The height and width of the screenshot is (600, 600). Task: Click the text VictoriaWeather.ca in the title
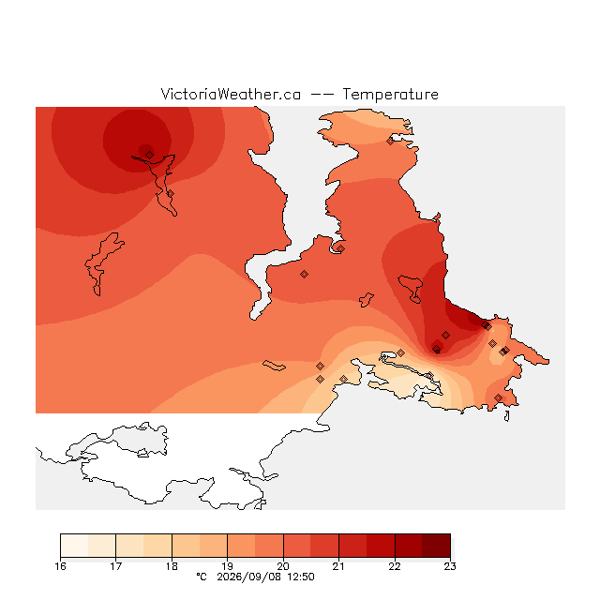231,94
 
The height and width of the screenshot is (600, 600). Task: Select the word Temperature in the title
390,94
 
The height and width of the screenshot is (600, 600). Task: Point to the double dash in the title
322,95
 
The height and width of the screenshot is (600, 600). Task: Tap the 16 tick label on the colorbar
60,566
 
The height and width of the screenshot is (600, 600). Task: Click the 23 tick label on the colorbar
450,566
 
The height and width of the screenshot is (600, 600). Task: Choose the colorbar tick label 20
283,566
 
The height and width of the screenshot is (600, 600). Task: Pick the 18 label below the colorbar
172,566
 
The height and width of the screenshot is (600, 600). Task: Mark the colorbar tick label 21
338,566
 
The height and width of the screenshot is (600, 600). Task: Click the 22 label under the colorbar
395,566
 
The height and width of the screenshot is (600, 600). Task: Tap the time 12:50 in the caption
300,577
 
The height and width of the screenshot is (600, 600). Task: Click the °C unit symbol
202,577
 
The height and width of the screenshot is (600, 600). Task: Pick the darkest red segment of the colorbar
436,546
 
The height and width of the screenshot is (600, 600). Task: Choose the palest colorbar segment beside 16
74,546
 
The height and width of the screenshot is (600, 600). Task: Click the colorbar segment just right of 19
242,546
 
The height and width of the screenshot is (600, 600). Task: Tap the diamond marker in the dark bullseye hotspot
150,155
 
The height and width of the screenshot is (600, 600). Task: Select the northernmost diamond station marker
390,142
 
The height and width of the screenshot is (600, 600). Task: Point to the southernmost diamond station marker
498,397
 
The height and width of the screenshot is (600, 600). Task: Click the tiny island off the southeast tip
506,416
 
